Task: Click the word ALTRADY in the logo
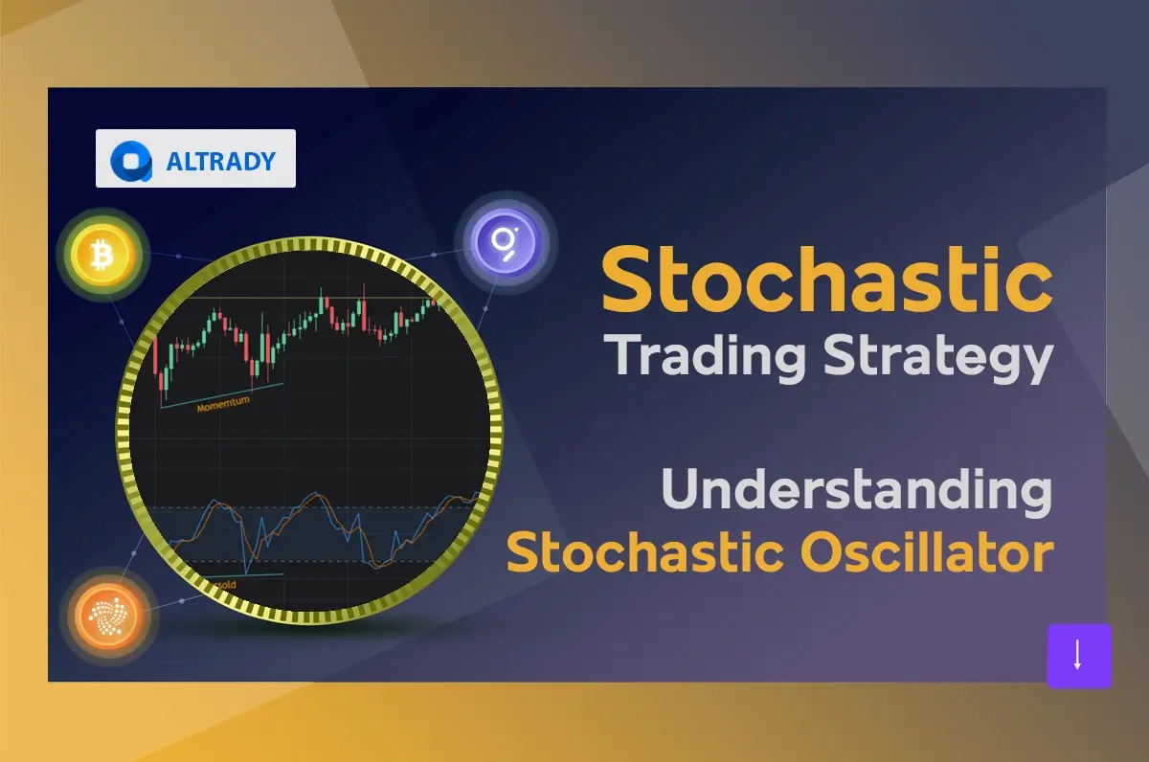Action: (x=221, y=161)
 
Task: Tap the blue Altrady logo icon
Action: (x=131, y=161)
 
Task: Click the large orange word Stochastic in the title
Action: (x=826, y=279)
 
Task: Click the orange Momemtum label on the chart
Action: (x=223, y=407)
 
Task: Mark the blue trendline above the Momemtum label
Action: (x=222, y=395)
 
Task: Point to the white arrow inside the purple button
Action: (x=1078, y=656)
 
